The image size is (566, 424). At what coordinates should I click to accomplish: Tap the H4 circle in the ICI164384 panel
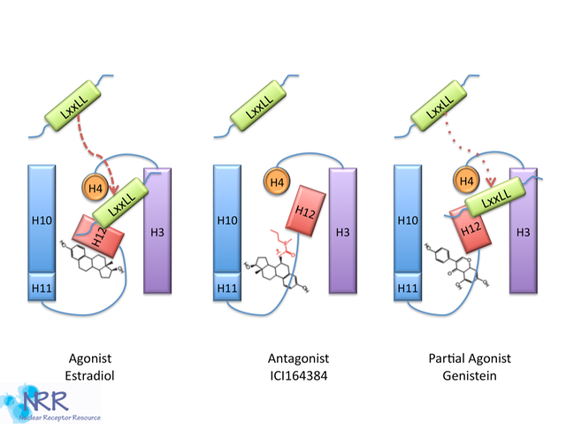[x=277, y=183]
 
